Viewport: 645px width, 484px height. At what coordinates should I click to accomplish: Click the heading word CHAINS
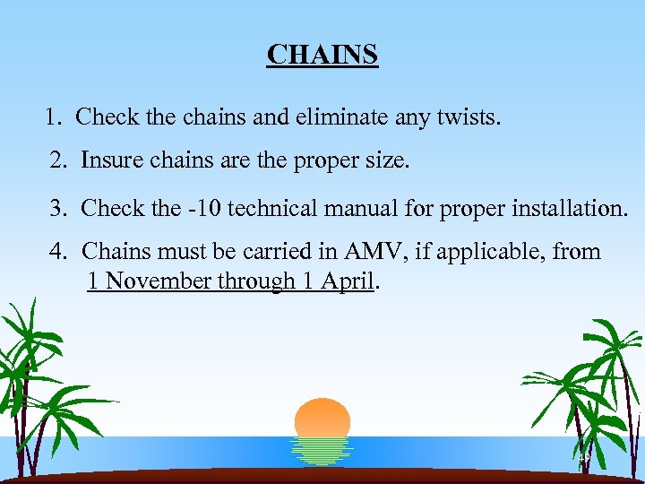point(322,56)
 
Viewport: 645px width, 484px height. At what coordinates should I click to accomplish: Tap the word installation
point(565,210)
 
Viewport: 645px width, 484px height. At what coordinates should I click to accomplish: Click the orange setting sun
point(322,417)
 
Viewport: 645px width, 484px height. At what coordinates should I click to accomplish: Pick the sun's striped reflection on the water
point(322,451)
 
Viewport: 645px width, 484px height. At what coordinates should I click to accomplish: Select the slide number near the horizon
point(584,458)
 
